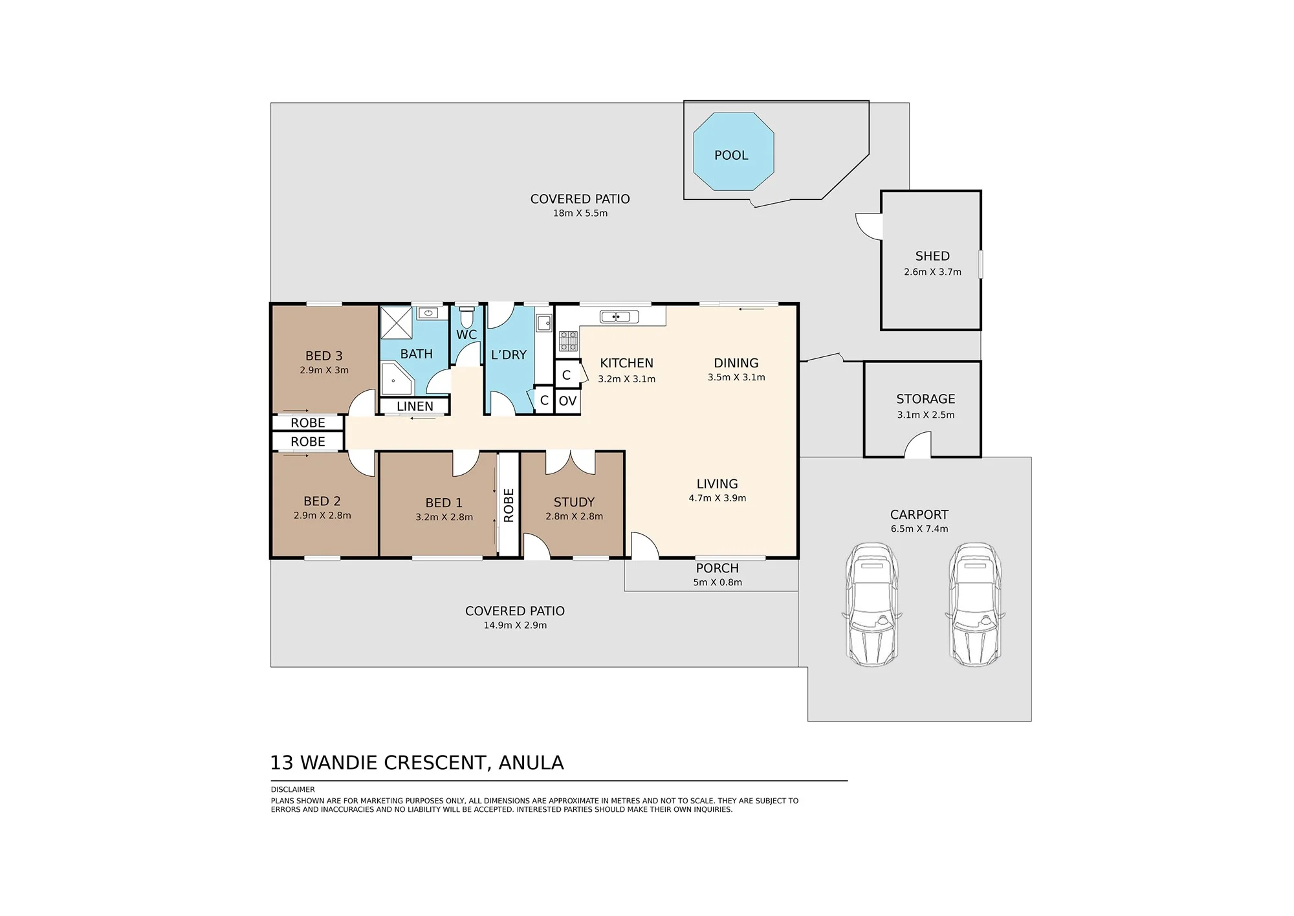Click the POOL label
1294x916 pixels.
731,155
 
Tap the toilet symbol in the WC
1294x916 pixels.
466,317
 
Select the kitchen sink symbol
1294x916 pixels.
619,316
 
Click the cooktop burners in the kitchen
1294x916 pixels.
568,341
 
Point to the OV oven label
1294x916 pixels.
567,401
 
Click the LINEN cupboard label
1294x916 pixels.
415,406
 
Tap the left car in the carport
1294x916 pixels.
872,604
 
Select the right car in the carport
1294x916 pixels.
975,604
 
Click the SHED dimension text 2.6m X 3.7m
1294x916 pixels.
932,272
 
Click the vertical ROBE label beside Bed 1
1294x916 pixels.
509,505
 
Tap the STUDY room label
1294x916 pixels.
574,502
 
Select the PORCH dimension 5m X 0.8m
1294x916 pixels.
718,582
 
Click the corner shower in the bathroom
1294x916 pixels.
397,379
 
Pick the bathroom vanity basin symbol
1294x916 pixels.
428,314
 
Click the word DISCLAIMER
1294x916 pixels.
292,789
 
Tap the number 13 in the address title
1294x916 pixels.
281,763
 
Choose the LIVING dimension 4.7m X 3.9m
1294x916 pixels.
718,498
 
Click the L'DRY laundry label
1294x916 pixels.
509,354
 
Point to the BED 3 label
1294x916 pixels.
323,356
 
